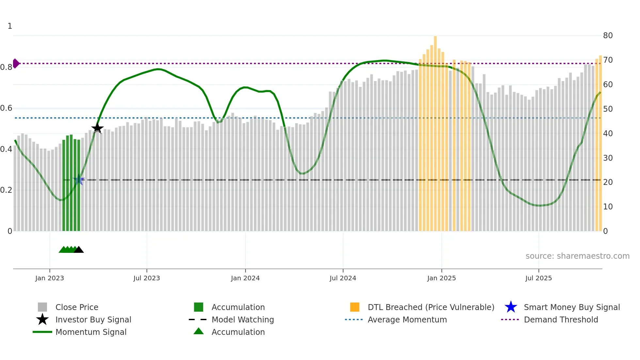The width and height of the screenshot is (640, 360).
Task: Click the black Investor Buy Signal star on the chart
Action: click(97, 128)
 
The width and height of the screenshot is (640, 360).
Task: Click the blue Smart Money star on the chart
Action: click(79, 180)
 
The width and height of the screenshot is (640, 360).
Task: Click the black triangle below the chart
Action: click(79, 250)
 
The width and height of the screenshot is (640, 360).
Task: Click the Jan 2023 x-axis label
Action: click(50, 278)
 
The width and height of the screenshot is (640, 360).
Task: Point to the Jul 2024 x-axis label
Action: click(343, 278)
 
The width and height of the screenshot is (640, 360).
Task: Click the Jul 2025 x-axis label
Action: click(538, 278)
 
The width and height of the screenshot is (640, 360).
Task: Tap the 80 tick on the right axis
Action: click(608, 36)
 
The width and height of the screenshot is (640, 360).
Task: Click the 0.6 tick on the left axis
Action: click(6, 108)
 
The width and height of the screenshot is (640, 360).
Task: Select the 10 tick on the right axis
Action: click(608, 207)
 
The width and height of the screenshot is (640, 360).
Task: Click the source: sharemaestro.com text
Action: click(577, 256)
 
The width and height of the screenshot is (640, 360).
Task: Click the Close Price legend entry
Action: click(77, 307)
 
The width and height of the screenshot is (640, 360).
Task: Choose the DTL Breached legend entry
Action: click(431, 307)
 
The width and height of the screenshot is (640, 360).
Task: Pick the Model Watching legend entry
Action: click(243, 320)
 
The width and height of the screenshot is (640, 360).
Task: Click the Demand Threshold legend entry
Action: click(561, 320)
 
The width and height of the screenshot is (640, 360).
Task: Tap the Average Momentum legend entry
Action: click(407, 320)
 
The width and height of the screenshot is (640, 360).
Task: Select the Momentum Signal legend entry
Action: click(91, 332)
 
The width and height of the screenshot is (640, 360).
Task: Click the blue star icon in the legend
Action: click(511, 307)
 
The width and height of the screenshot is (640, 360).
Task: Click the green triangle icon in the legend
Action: click(199, 332)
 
